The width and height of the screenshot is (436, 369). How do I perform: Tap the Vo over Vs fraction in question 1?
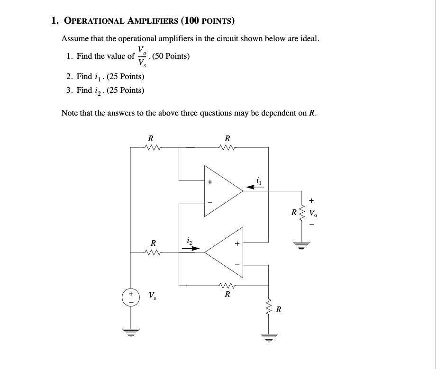[141, 56]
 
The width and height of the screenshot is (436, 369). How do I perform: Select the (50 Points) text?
[171, 56]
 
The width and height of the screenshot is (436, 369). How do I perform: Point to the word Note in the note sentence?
[70, 113]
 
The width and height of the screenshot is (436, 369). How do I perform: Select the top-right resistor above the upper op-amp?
[227, 147]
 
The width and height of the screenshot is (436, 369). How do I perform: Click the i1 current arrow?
[254, 187]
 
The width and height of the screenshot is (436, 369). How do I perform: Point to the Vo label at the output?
[314, 213]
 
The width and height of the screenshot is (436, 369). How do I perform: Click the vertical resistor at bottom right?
[268, 310]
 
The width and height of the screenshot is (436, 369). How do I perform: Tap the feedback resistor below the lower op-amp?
[227, 285]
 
